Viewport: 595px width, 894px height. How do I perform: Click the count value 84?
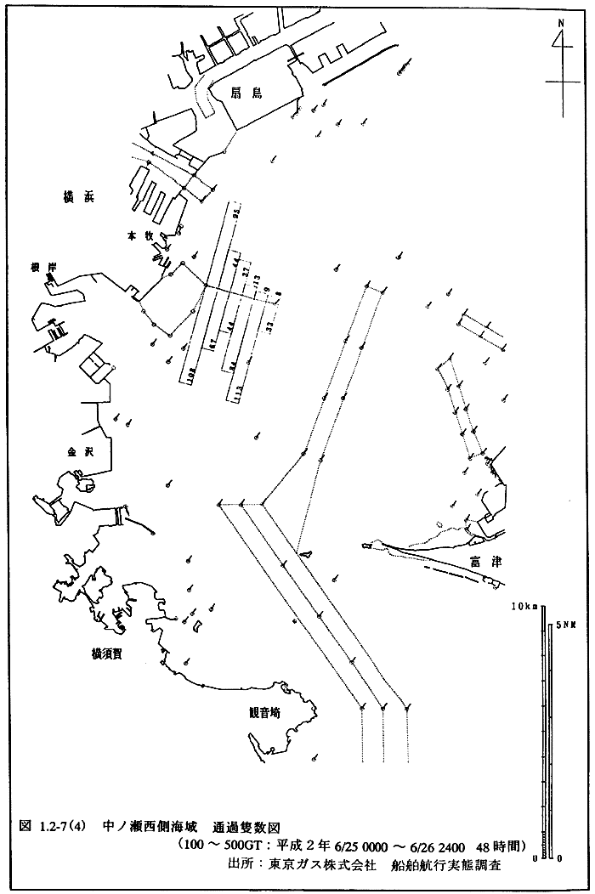coord(231,367)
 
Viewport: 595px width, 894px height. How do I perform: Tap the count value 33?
coord(270,325)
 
